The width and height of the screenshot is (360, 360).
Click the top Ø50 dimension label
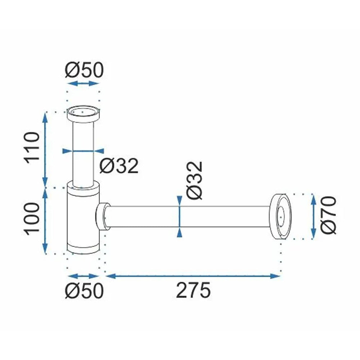[84, 70]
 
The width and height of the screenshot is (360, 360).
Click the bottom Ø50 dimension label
[84, 291]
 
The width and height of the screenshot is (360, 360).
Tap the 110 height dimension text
[32, 147]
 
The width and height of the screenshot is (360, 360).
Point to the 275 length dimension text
[193, 290]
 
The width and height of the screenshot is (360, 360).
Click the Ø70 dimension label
[329, 215]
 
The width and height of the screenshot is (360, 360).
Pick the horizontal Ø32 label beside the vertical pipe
[119, 166]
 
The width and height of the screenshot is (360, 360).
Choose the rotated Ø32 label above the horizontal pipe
[195, 180]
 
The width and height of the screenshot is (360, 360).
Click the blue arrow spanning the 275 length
[193, 276]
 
